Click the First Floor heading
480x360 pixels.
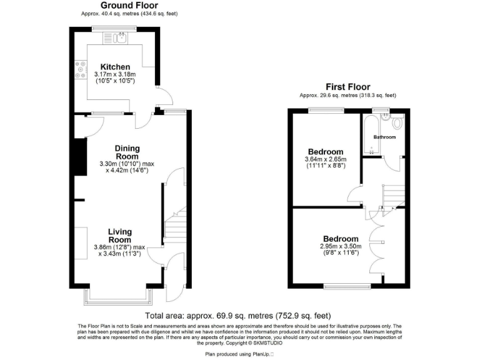click(x=347, y=87)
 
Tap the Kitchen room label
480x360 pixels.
click(x=116, y=67)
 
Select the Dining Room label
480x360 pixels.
click(x=127, y=152)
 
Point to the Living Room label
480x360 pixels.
click(x=119, y=236)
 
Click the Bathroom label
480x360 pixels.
click(x=384, y=136)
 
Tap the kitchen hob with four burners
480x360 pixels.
click(x=80, y=69)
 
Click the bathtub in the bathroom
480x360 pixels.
click(x=369, y=134)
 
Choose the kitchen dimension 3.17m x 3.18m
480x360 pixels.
click(x=115, y=74)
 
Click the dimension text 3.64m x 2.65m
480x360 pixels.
click(x=325, y=159)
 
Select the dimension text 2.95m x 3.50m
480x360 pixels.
click(x=341, y=247)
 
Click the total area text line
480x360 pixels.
click(x=238, y=315)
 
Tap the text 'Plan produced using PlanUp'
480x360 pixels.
click(x=238, y=354)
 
